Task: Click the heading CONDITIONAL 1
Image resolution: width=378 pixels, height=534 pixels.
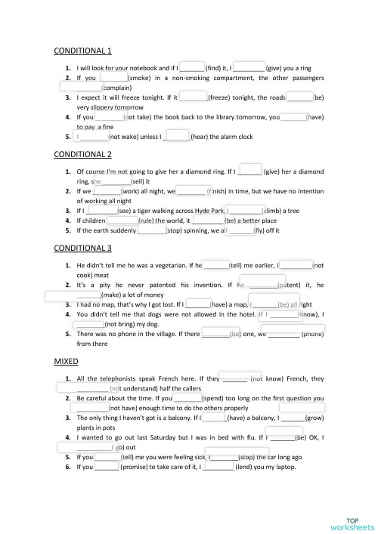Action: click(82, 51)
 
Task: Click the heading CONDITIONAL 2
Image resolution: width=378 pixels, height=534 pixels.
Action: click(82, 154)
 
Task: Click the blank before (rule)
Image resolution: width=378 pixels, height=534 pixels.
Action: click(122, 221)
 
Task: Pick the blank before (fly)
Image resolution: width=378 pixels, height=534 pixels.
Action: click(240, 230)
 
